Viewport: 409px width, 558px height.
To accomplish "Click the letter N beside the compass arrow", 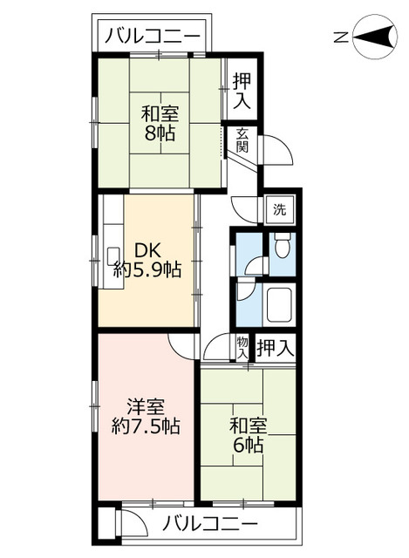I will tap(341, 37).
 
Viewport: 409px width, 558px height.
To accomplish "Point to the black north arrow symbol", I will tap(374, 37).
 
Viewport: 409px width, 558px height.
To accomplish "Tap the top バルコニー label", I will tap(153, 37).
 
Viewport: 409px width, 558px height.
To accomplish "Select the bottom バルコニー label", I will tap(211, 525).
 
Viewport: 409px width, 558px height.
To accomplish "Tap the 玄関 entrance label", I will tap(242, 140).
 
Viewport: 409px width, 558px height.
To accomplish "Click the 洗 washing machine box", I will tap(279, 209).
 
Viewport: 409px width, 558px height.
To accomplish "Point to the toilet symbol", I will tap(282, 248).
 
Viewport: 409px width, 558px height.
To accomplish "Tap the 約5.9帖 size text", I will tap(147, 270).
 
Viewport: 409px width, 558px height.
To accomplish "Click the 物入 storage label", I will tap(242, 348).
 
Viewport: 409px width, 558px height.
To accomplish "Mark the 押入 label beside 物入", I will tap(275, 349).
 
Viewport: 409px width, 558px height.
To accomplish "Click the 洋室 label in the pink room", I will tap(146, 407).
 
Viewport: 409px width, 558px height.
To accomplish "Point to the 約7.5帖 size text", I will tap(146, 427).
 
